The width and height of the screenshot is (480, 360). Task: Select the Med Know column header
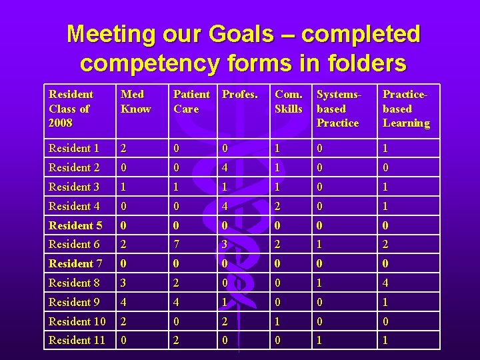[136, 101]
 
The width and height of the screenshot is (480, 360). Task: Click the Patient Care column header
[191, 101]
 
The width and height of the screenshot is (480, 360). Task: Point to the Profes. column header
[239, 95]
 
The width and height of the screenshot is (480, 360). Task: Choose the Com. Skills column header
[289, 101]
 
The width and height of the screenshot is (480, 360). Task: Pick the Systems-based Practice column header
[338, 109]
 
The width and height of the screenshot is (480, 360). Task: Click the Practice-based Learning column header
[406, 109]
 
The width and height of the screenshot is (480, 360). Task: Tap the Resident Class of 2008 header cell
[71, 109]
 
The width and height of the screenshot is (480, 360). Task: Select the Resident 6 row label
[74, 245]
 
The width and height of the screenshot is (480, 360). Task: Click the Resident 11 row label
[77, 341]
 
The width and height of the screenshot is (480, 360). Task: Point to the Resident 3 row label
[74, 187]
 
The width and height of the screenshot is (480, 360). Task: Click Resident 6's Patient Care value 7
[177, 245]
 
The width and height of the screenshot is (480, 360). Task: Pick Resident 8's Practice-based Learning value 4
[386, 283]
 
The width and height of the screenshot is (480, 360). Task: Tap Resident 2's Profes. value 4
[225, 167]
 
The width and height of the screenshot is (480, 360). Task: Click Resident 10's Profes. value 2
[225, 322]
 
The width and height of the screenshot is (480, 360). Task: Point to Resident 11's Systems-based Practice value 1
[320, 341]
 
